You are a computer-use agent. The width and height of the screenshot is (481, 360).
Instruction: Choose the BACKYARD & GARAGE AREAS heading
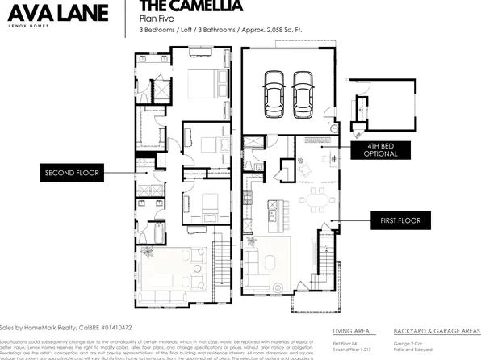click(x=437, y=331)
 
